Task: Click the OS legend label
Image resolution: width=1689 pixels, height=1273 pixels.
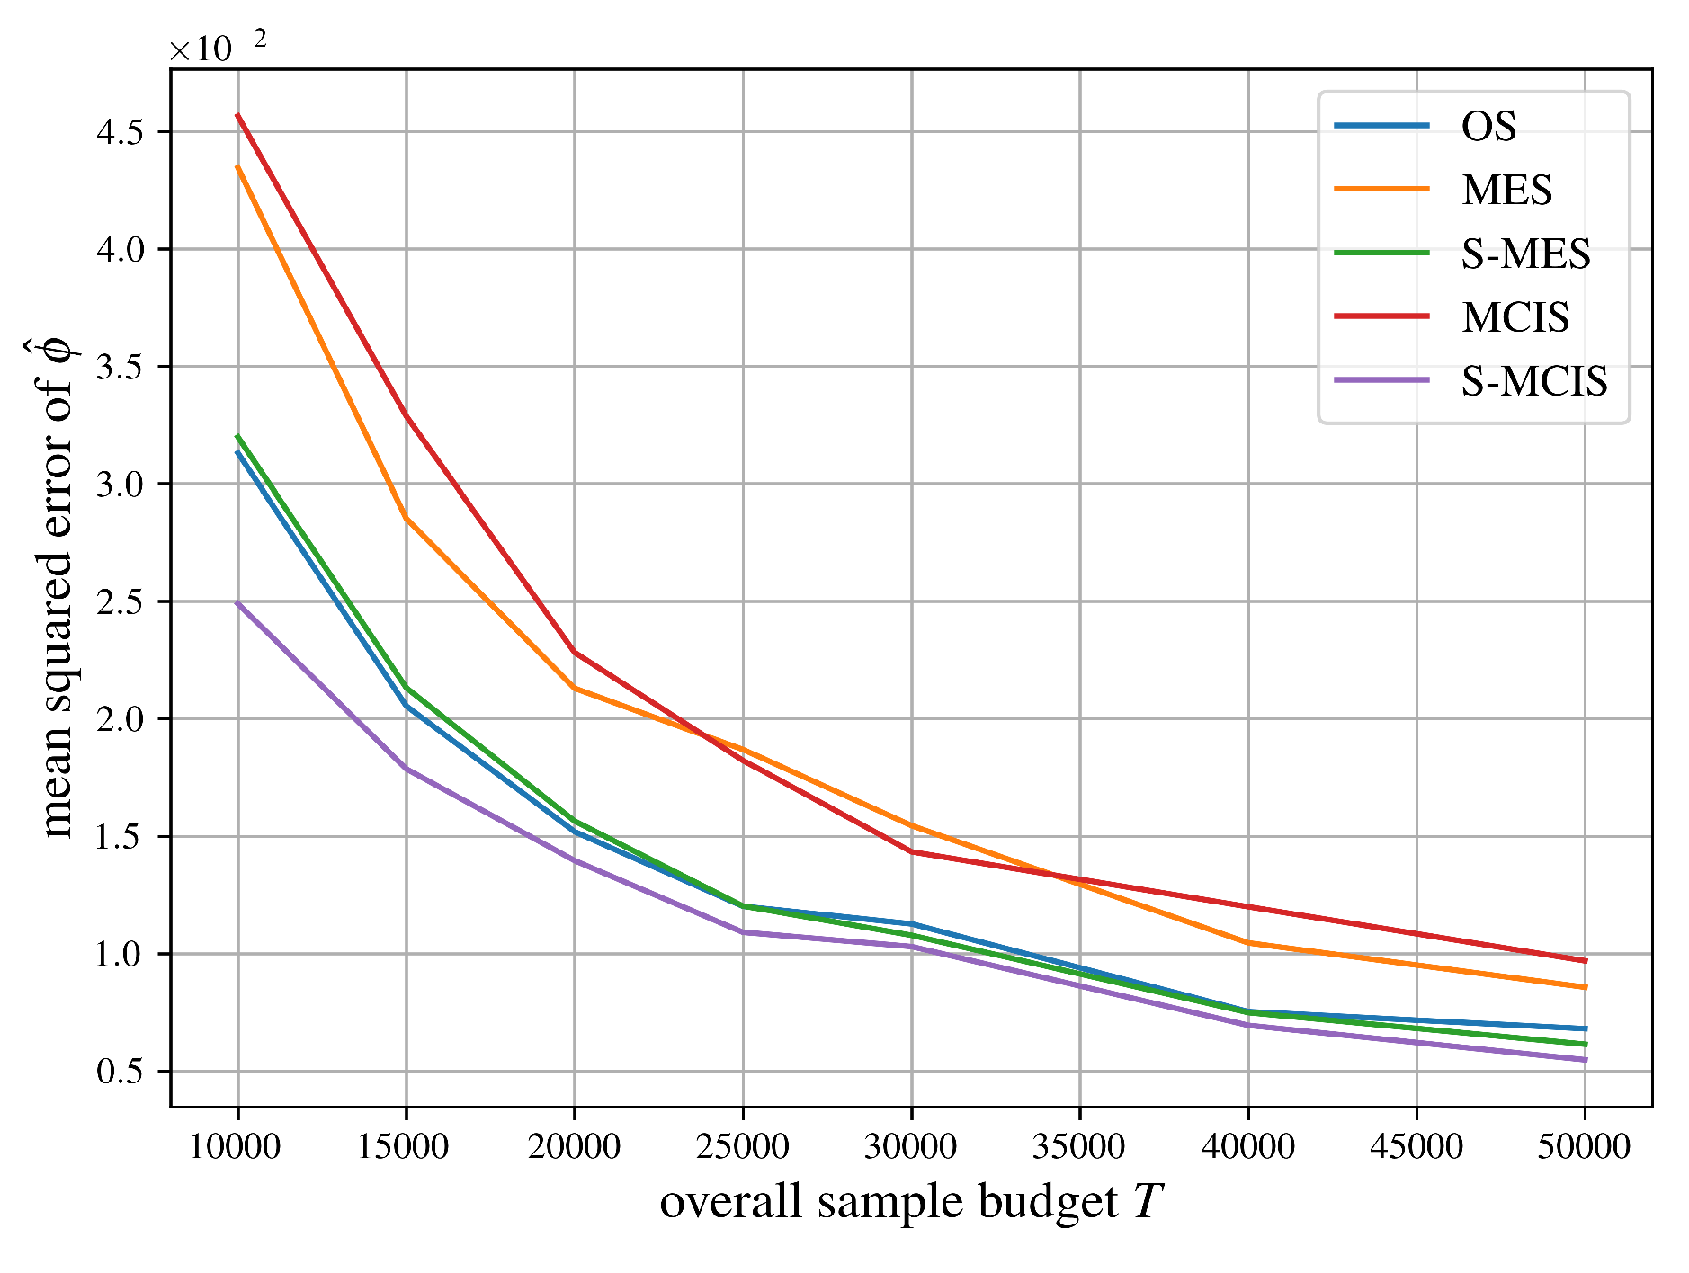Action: tap(1488, 127)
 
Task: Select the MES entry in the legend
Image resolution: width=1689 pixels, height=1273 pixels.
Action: tap(1506, 191)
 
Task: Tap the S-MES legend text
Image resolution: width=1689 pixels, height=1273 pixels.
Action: tap(1525, 254)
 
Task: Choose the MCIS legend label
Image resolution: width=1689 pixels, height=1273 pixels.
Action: tap(1515, 317)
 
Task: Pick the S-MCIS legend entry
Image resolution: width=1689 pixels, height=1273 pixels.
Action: tap(1533, 381)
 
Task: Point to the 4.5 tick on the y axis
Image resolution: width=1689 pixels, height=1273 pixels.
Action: tap(120, 132)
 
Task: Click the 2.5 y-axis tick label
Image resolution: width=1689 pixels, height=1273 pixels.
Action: tap(120, 602)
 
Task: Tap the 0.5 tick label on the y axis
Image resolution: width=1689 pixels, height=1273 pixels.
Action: tap(120, 1072)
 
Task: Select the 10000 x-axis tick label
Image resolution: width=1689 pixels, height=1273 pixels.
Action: tap(237, 1147)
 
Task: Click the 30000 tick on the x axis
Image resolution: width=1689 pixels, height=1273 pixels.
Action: tap(911, 1147)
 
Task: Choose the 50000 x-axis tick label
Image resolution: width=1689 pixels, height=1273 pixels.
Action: tap(1585, 1147)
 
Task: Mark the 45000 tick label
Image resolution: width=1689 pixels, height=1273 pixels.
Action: tap(1416, 1147)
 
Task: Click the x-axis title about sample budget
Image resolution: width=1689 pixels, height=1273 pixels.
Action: tap(911, 1203)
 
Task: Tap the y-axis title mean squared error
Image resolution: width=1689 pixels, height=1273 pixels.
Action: tap(57, 587)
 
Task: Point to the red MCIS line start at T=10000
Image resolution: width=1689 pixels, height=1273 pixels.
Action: tap(237, 115)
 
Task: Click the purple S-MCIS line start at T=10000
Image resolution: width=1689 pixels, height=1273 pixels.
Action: tap(237, 602)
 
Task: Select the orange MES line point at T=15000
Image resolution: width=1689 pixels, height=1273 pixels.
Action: tap(407, 518)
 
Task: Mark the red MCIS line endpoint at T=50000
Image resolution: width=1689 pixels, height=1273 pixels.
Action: tap(1585, 961)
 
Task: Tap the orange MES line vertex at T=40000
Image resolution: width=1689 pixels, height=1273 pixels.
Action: tap(1248, 942)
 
